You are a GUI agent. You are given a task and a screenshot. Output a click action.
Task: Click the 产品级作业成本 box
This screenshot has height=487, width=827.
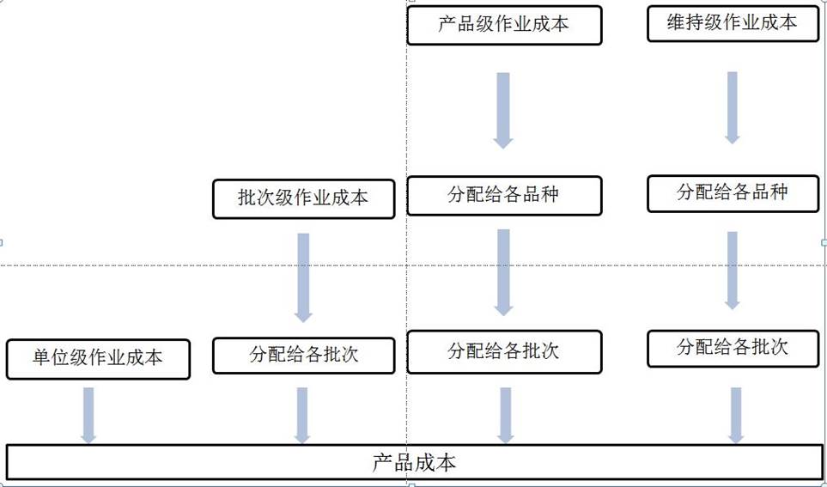point(504,25)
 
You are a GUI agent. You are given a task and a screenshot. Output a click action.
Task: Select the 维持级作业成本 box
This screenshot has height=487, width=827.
point(732,23)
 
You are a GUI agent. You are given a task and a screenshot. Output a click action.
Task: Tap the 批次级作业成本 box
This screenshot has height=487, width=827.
point(303,198)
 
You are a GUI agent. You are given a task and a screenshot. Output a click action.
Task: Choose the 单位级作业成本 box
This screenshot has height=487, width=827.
point(98,358)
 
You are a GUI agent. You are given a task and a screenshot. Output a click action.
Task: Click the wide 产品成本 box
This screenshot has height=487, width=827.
point(414,462)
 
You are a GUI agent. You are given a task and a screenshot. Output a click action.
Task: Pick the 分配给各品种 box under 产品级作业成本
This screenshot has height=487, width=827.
point(504,195)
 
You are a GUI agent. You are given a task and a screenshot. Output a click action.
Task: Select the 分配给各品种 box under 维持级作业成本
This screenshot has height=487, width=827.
point(732,193)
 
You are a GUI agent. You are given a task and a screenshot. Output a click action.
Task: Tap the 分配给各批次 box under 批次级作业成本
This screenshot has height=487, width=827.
point(303,355)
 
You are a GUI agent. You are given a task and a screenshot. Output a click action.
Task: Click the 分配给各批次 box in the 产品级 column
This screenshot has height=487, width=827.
point(504,352)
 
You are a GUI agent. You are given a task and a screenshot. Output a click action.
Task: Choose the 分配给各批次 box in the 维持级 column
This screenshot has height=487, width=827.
point(732,349)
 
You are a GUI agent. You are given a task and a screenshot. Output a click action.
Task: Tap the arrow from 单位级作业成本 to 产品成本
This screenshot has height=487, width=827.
point(88,415)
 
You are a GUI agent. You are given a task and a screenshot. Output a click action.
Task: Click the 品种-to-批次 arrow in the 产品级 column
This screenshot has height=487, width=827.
point(503,271)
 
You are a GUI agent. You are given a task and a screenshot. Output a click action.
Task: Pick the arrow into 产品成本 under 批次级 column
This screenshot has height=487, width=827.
point(302,415)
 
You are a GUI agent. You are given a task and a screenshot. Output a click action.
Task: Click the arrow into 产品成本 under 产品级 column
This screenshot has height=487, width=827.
point(505,415)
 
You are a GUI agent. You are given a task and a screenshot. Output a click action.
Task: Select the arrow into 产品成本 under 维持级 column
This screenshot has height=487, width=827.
point(736,415)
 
